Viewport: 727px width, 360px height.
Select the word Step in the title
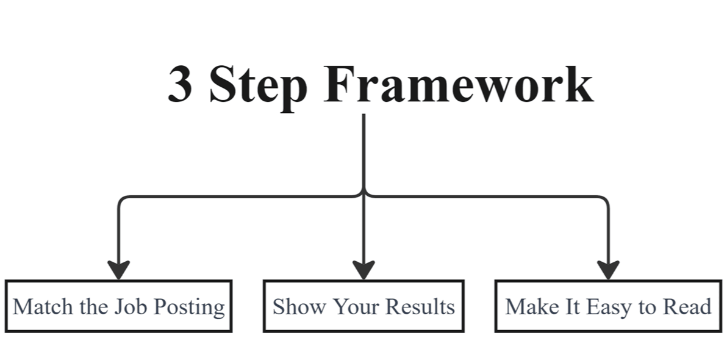coord(258,85)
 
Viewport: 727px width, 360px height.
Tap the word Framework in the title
coord(458,85)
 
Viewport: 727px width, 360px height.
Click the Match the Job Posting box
coord(118,306)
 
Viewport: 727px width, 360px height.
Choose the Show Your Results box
coord(363,306)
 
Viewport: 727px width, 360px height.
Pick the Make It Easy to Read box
coord(608,306)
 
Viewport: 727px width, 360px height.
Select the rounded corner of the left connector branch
coord(121,200)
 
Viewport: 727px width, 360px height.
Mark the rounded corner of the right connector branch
coord(605,200)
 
